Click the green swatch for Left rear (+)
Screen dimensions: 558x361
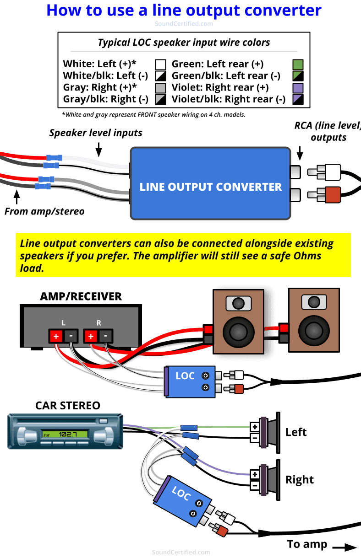click(x=298, y=64)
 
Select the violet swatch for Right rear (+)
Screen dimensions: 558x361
click(x=298, y=88)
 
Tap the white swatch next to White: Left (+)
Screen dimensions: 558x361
click(x=160, y=64)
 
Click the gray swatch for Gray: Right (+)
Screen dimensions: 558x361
click(x=160, y=88)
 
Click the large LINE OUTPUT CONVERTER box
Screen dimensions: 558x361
click(x=210, y=183)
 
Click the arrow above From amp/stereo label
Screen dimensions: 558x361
click(x=17, y=197)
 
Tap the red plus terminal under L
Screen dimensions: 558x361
click(x=56, y=336)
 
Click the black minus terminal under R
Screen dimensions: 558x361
click(x=105, y=336)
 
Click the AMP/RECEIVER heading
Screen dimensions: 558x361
click(x=81, y=296)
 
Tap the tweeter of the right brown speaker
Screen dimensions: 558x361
click(x=314, y=302)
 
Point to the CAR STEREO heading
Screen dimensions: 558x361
click(x=67, y=406)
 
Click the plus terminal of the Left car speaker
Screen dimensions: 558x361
click(x=254, y=427)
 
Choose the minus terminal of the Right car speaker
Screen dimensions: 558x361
click(x=254, y=485)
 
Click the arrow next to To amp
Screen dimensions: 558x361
click(x=344, y=547)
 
